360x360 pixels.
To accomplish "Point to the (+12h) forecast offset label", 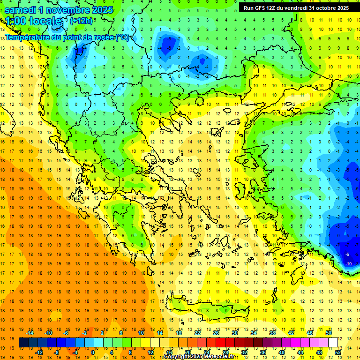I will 81,21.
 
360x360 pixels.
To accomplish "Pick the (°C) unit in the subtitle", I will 122,37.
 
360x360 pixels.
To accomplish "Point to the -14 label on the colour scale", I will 30,333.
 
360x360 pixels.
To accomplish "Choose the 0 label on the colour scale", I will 93,352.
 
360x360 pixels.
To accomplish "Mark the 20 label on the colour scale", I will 187,352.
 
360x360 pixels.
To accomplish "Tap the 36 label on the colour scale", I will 263,352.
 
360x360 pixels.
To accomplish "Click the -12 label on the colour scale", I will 39,352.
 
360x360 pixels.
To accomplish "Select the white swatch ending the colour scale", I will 333,343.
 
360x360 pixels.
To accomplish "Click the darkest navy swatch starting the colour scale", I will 23,343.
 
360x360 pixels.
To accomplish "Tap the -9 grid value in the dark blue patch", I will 347,254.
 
